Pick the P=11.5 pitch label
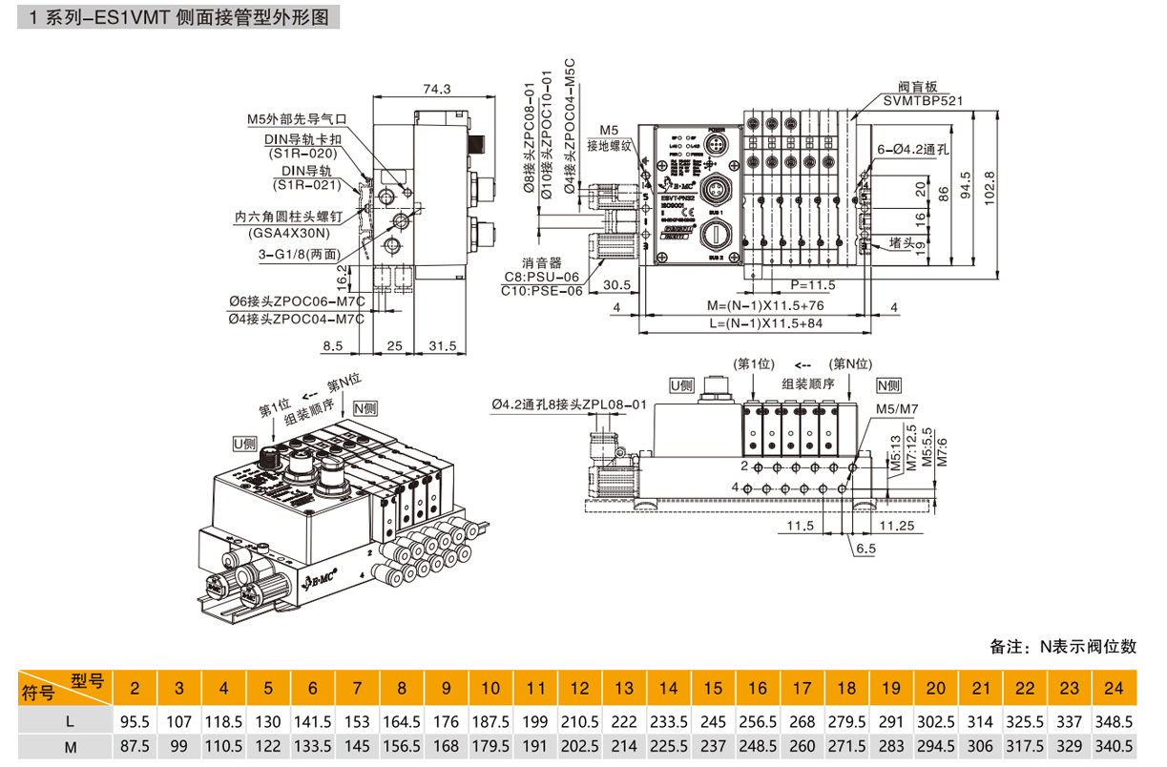click(x=813, y=284)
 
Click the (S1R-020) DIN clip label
click(x=303, y=154)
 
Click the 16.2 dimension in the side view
click(x=343, y=277)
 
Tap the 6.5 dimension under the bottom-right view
click(x=865, y=549)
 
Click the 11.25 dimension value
click(x=898, y=526)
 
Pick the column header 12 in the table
click(x=579, y=688)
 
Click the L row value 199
click(x=535, y=722)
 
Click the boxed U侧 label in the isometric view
click(x=245, y=443)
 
